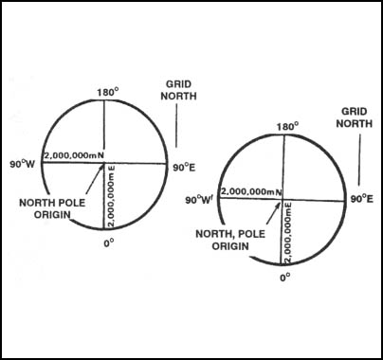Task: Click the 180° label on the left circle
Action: point(105,93)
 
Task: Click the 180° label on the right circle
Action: point(286,126)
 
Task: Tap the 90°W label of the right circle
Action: point(199,199)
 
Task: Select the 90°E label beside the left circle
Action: point(185,167)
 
